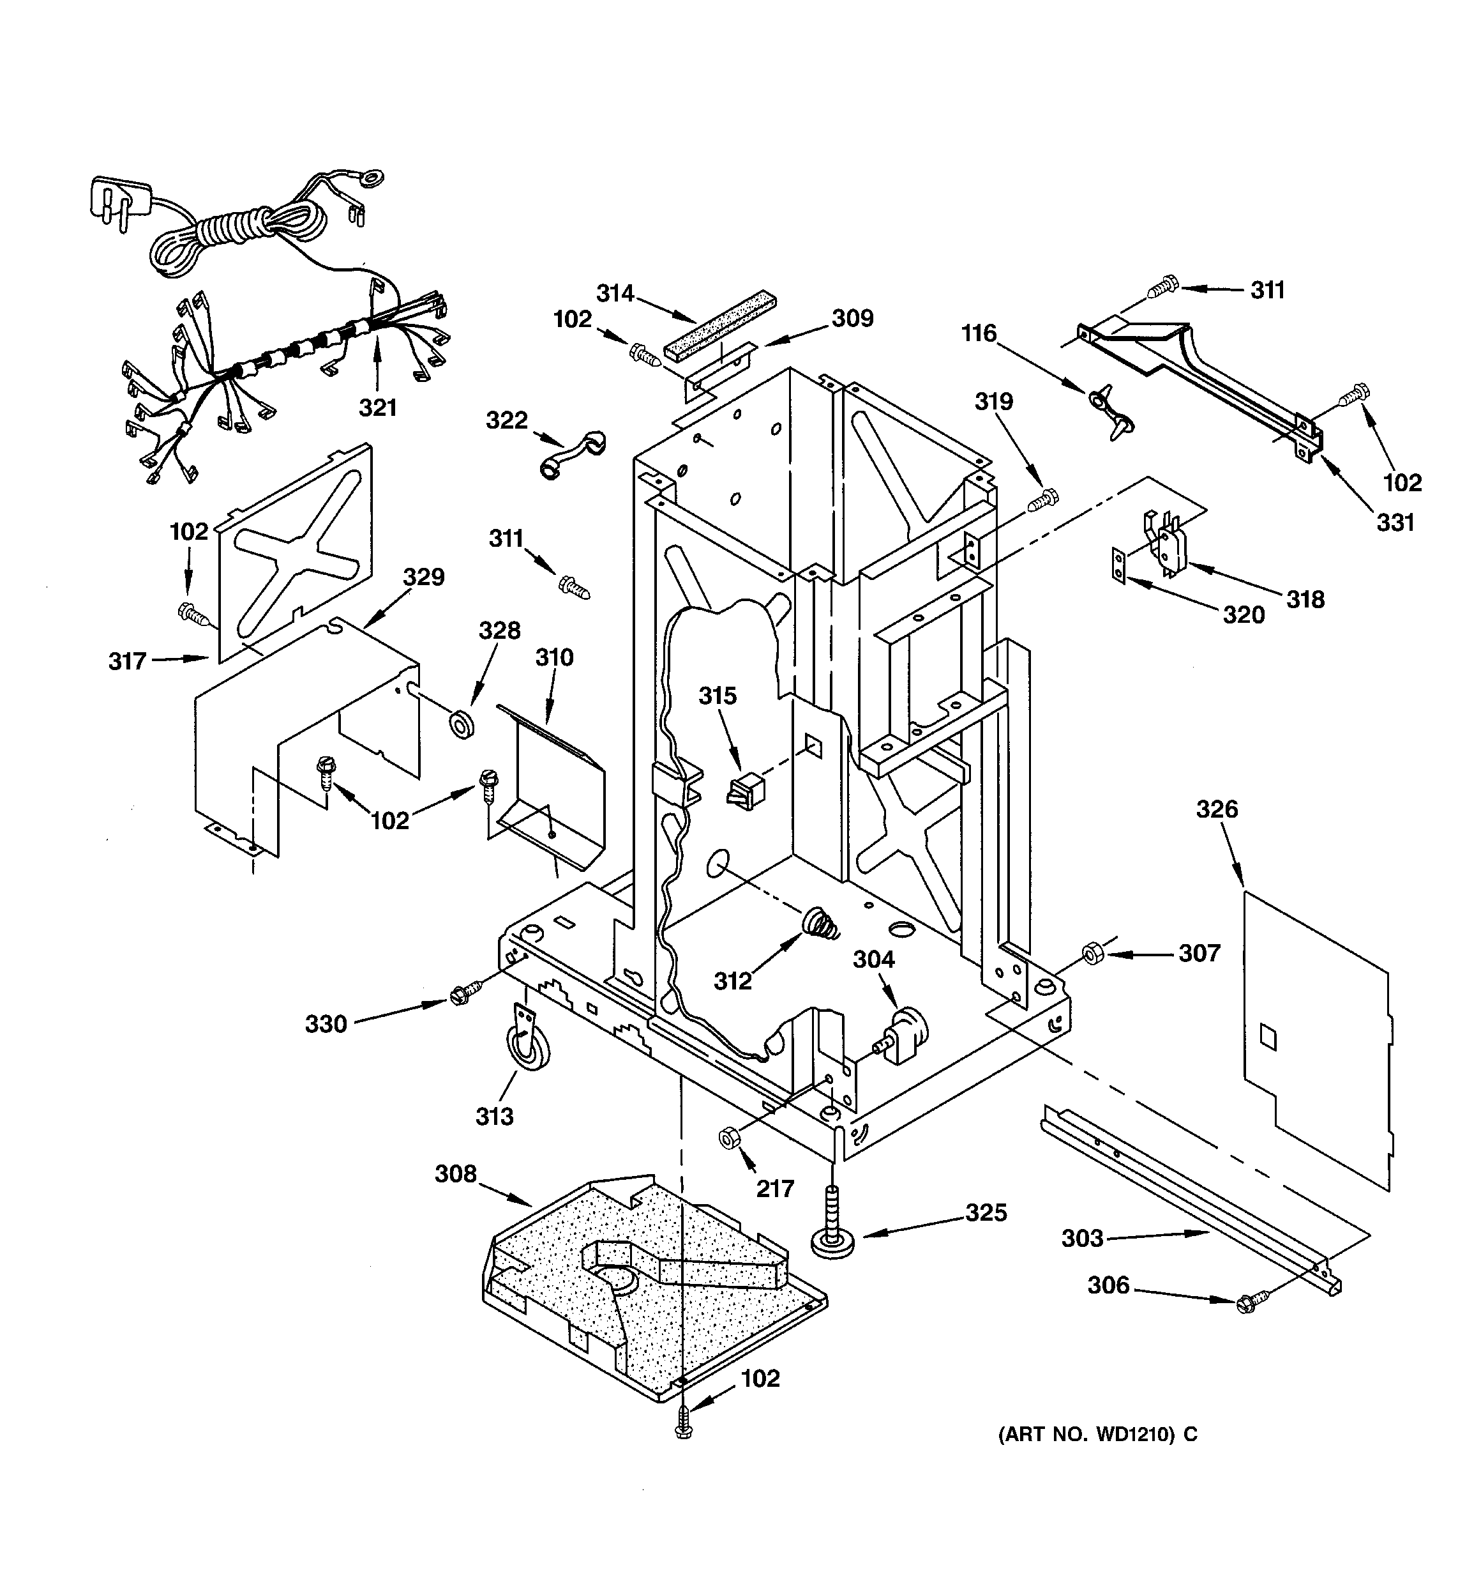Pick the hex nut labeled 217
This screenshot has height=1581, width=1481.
click(727, 1138)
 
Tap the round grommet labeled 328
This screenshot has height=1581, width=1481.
click(461, 724)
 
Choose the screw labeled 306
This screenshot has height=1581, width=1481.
click(1247, 1302)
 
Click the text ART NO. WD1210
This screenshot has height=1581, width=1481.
click(1097, 1435)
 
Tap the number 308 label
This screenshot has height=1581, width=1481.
click(456, 1174)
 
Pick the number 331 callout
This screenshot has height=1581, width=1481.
click(1395, 523)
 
